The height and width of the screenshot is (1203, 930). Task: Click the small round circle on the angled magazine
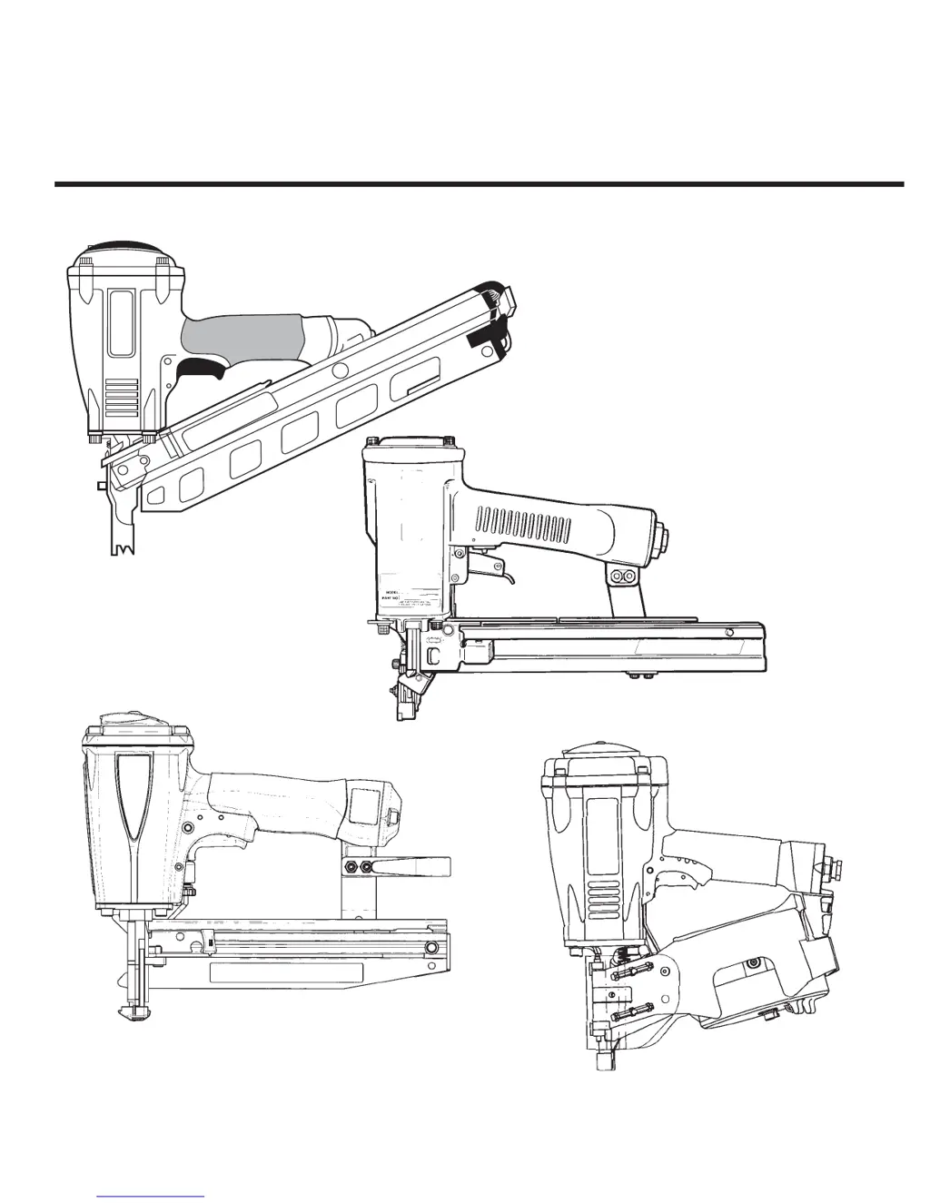point(341,370)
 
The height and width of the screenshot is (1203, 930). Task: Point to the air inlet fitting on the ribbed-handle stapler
point(666,538)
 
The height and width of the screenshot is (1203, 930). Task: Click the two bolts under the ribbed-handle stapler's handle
point(624,577)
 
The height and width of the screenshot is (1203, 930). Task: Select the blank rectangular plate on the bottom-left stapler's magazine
point(286,973)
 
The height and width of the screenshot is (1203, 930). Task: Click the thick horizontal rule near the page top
point(479,184)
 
